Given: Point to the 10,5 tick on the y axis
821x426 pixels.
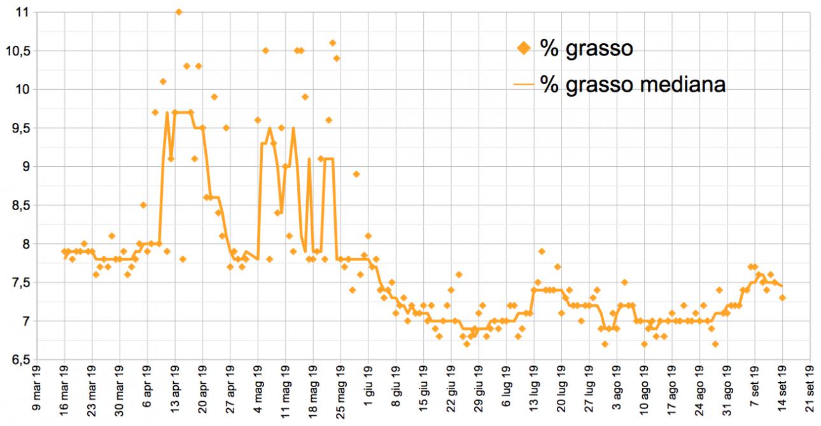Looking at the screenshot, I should (18, 50).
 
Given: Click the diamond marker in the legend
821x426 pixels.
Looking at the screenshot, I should (524, 48).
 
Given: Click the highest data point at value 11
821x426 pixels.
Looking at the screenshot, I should (179, 11).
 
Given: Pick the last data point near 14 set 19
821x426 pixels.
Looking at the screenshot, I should (782, 297).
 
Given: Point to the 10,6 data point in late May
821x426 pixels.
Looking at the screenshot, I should (332, 43).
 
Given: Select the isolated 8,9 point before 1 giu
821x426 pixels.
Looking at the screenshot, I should (356, 174).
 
